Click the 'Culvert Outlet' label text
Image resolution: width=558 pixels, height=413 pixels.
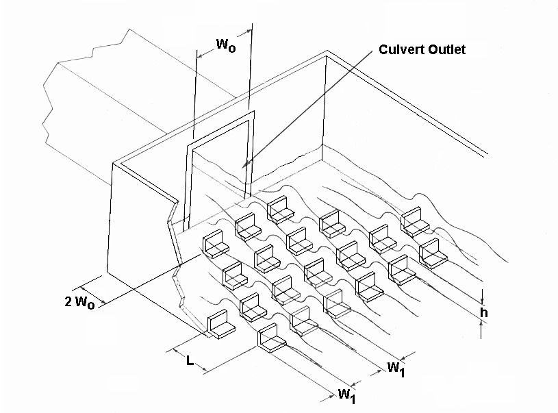[x=422, y=49]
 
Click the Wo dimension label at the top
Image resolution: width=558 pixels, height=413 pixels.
[x=226, y=45]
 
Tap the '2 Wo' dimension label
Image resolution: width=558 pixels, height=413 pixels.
[x=79, y=302]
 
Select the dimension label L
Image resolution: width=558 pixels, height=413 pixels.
[x=190, y=361]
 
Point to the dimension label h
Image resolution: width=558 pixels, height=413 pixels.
[x=483, y=312]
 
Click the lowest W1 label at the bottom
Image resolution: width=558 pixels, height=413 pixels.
[x=346, y=396]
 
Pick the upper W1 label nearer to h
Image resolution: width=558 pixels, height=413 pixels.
[x=396, y=368]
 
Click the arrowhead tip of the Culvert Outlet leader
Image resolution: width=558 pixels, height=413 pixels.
[x=242, y=166]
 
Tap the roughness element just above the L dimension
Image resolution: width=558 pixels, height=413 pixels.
[x=221, y=325]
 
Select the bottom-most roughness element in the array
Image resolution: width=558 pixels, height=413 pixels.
[x=272, y=338]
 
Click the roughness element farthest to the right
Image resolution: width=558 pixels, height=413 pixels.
[x=433, y=253]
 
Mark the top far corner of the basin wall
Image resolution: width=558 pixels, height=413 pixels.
[x=327, y=51]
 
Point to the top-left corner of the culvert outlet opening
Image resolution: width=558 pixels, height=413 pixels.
[x=192, y=150]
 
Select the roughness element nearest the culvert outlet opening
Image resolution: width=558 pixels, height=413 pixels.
[x=281, y=210]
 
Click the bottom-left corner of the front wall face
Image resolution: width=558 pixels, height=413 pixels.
[x=107, y=272]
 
